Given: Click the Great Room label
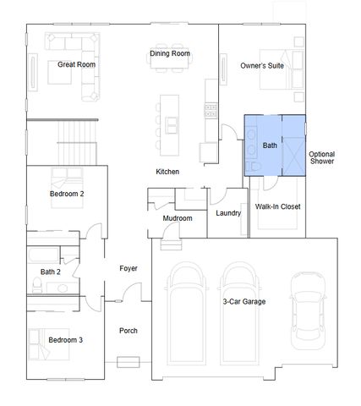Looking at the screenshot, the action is click(x=76, y=64).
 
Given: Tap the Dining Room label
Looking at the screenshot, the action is click(x=170, y=53).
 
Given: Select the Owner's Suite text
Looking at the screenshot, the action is click(x=262, y=66).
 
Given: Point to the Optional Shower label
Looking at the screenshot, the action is click(x=322, y=157).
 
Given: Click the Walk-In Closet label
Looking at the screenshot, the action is click(x=277, y=206).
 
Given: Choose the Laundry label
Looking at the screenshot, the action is click(x=228, y=213).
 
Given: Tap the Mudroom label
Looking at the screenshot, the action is click(x=178, y=218).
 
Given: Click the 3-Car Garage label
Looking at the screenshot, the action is click(x=244, y=302).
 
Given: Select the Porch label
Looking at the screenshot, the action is click(x=129, y=331).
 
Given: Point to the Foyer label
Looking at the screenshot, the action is click(x=129, y=268).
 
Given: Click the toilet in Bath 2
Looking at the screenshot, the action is click(x=37, y=285).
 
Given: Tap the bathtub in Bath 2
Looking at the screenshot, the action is click(x=43, y=255).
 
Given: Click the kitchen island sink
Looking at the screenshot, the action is click(x=172, y=125).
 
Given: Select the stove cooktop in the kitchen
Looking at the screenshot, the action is click(x=211, y=111).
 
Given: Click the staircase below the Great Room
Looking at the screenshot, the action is click(x=77, y=143).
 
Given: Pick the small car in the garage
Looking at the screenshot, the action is click(x=308, y=310).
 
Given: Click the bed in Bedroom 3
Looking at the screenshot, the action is click(x=49, y=344).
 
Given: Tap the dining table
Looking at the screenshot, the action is click(x=169, y=60).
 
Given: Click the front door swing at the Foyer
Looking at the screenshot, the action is click(x=132, y=292).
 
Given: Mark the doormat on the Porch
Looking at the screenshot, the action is click(x=129, y=362).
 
